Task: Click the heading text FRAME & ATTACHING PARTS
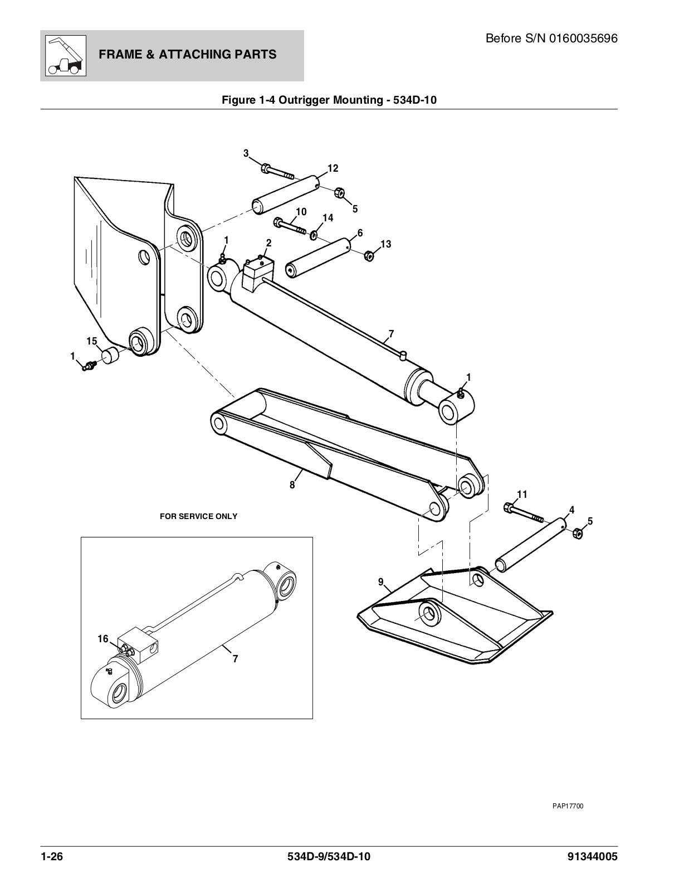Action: click(187, 54)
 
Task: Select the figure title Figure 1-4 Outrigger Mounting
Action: click(329, 100)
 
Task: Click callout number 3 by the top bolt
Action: click(246, 153)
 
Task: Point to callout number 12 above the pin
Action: click(333, 168)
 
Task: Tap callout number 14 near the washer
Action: click(328, 218)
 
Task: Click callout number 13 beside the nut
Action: click(385, 244)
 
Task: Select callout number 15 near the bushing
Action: click(92, 341)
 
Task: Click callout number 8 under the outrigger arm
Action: click(292, 485)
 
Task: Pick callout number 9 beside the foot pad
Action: click(381, 582)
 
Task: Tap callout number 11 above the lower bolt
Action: click(522, 495)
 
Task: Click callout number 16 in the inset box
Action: click(103, 639)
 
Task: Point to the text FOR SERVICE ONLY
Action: click(198, 516)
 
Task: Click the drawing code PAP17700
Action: click(568, 806)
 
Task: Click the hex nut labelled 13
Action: click(368, 256)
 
